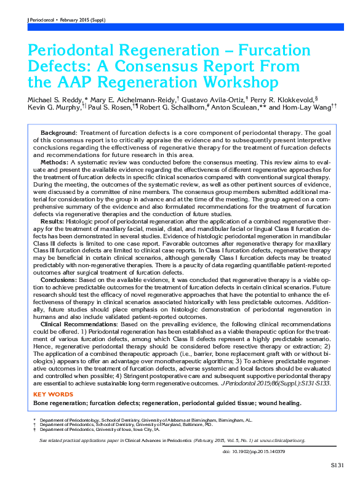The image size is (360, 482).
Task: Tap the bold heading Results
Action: pyautogui.click(x=52, y=220)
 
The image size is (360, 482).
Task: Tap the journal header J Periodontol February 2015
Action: pyautogui.click(x=66, y=20)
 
